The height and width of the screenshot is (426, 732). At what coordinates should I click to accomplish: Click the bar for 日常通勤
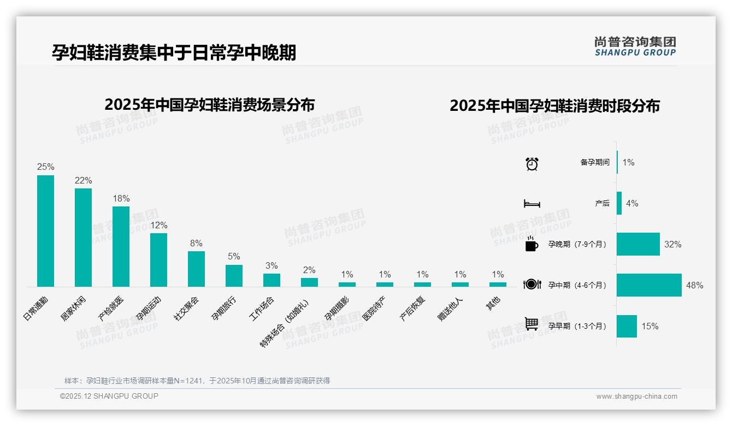tap(45, 230)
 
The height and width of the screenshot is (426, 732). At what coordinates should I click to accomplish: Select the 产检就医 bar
tap(121, 246)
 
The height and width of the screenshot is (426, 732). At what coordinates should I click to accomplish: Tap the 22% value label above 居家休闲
tap(83, 181)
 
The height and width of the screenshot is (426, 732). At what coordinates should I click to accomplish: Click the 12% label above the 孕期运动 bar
tap(158, 226)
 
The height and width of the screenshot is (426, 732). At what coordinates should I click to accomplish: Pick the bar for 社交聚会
tap(196, 269)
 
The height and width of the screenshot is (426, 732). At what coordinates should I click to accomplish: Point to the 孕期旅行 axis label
tap(225, 308)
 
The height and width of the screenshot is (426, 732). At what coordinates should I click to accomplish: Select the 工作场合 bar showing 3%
tap(271, 280)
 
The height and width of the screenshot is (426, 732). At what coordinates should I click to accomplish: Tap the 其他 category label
tap(493, 303)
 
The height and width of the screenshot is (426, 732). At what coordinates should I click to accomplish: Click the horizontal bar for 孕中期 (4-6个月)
tap(649, 285)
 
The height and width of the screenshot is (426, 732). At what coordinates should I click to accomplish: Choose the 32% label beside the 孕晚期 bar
tap(672, 245)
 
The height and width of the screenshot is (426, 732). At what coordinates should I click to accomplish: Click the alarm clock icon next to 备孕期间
tap(532, 163)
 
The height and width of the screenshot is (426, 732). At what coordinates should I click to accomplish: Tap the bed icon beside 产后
tap(532, 204)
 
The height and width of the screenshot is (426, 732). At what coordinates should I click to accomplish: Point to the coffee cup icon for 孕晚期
tap(532, 245)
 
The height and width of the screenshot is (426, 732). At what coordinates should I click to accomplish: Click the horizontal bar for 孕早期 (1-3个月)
tap(627, 326)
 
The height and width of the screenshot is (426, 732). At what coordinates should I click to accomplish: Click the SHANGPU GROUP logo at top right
tap(635, 46)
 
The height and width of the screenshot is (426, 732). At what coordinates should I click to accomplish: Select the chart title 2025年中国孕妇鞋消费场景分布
tap(209, 104)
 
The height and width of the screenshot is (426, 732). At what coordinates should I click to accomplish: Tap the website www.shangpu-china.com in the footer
tap(636, 397)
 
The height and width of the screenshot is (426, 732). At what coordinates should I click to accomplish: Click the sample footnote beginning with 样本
tap(197, 381)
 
